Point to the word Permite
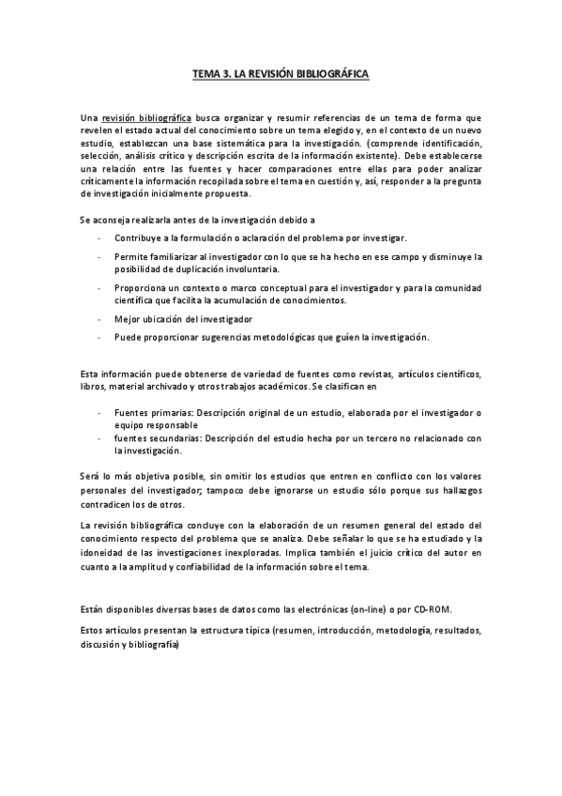tap(130, 256)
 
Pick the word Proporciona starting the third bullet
tap(141, 287)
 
